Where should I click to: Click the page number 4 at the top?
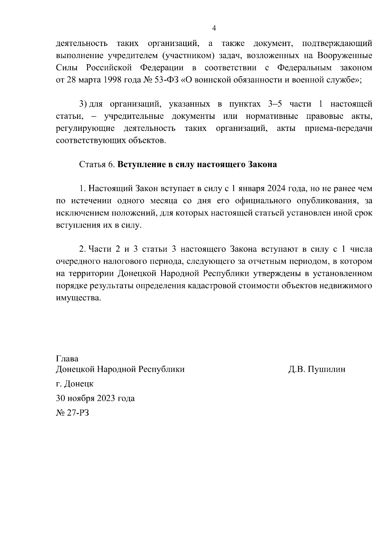(214, 28)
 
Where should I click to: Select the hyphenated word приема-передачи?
(338, 128)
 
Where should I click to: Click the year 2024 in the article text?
(277, 189)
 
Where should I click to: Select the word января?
(251, 189)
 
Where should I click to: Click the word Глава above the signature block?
(67, 358)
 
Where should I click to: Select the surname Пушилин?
(326, 369)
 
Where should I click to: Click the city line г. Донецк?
(75, 384)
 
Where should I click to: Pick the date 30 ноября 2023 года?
(95, 398)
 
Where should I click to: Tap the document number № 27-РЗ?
(72, 413)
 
